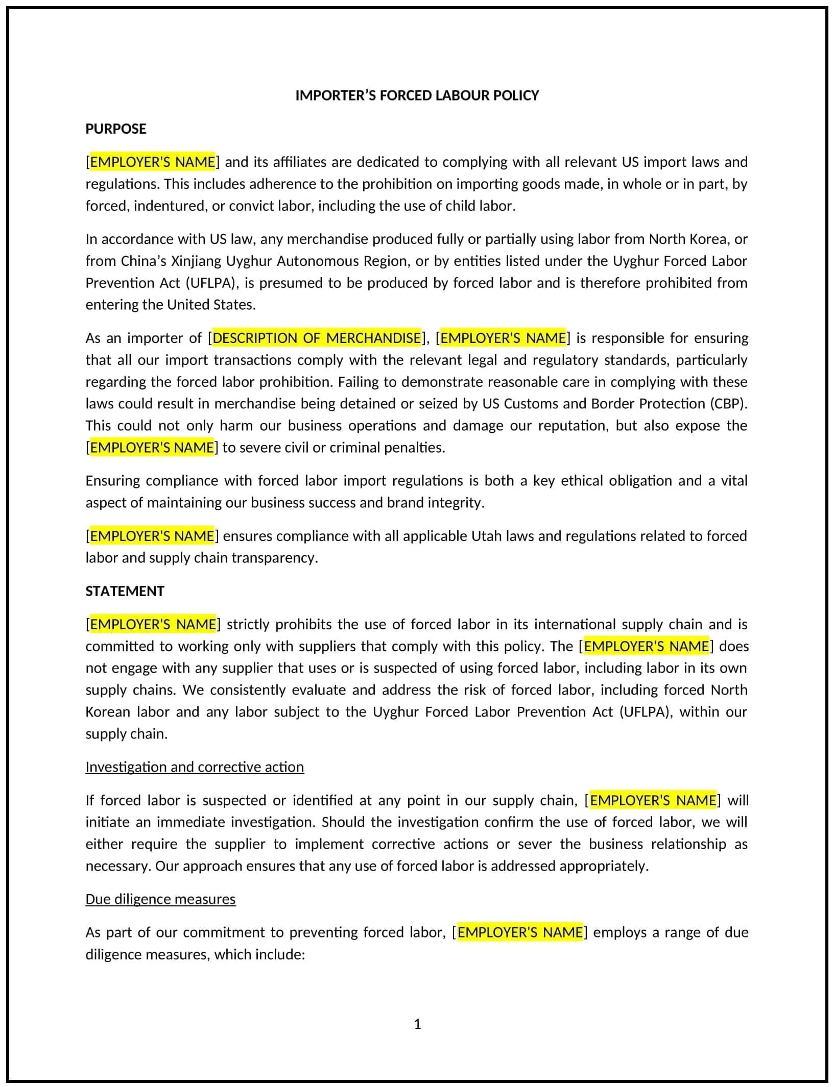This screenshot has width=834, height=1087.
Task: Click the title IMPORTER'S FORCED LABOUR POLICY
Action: coord(417,95)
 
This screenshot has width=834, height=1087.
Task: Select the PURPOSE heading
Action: coord(115,129)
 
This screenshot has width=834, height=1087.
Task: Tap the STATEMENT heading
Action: coord(125,591)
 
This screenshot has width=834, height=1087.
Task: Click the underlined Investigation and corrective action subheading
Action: coord(195,767)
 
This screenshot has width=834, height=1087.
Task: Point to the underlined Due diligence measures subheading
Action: coord(160,899)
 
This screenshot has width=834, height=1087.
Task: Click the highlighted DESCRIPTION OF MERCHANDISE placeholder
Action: coord(317,338)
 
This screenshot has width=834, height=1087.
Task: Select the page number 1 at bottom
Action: coord(417,1024)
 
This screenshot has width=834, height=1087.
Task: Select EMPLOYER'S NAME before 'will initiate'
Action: coord(653,800)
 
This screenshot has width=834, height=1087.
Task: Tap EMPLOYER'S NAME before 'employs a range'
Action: coord(519,932)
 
